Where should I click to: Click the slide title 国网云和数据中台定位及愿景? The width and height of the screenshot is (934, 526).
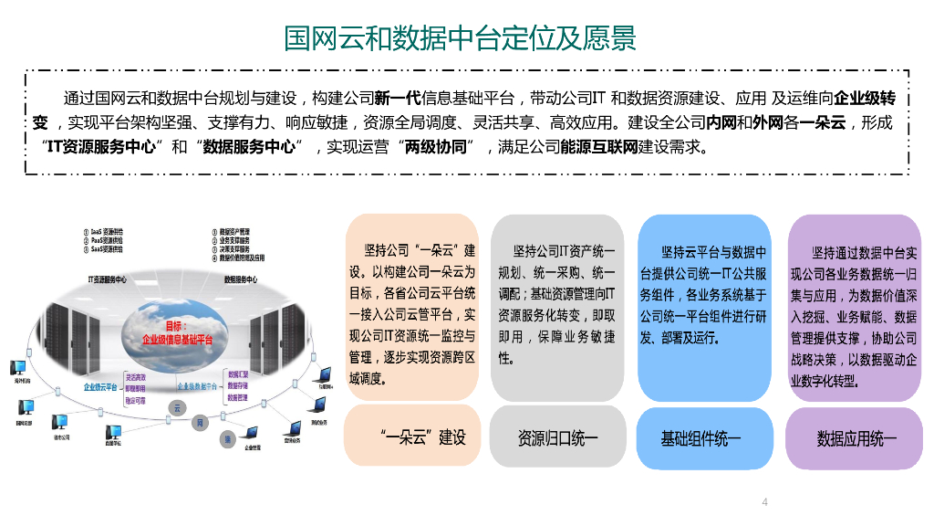tap(461, 38)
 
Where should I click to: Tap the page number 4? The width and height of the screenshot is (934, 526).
tap(764, 501)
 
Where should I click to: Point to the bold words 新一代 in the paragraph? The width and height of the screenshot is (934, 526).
tap(399, 99)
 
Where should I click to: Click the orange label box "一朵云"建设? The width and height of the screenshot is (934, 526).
tap(412, 437)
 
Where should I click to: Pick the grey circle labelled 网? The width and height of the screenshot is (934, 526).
tap(199, 424)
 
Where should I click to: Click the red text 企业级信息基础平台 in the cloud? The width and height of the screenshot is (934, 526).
tap(178, 339)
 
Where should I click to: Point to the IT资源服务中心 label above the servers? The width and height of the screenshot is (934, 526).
tap(107, 279)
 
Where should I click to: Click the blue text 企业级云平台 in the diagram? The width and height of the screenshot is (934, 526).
tap(100, 387)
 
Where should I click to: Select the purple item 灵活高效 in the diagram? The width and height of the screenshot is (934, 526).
tap(134, 375)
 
